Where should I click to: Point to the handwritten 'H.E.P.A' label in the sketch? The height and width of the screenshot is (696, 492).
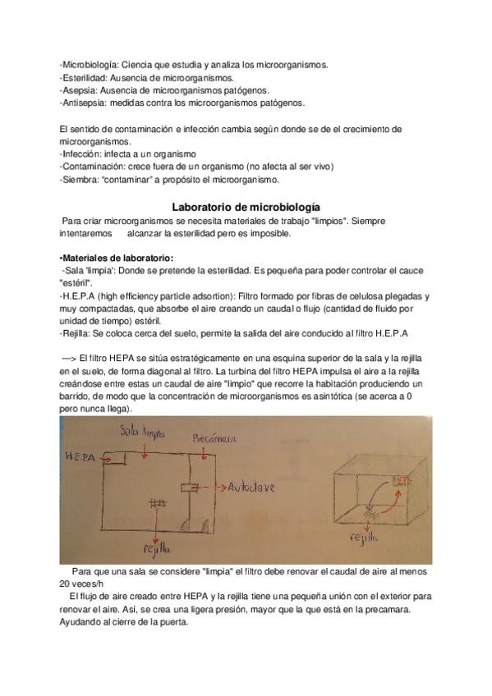point(77,456)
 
